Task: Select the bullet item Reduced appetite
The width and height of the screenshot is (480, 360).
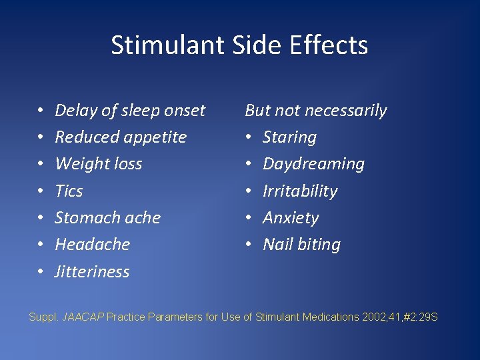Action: coord(121,137)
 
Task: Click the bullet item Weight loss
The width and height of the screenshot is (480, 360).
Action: coord(99,164)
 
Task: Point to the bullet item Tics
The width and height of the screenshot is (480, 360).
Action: coord(69,191)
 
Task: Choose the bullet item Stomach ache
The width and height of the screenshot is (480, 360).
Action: coord(107,218)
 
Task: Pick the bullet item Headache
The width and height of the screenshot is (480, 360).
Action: coord(92,245)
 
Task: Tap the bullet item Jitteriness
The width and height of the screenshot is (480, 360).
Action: coord(92,272)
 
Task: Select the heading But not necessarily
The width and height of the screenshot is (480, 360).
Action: coord(315,111)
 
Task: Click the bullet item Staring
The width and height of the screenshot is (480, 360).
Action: coord(289,137)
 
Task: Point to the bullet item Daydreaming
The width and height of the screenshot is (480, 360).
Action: coord(313,164)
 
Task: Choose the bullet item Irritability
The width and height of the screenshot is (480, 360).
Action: coord(300,191)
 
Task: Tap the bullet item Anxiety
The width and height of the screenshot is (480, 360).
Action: coord(291,218)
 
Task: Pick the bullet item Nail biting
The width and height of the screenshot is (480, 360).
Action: coord(301,245)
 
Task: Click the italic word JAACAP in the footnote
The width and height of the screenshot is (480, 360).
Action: coord(83,317)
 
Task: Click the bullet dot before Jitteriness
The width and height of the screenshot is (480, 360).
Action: coord(41,272)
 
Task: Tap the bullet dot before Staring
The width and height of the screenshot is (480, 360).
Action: coord(249,137)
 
